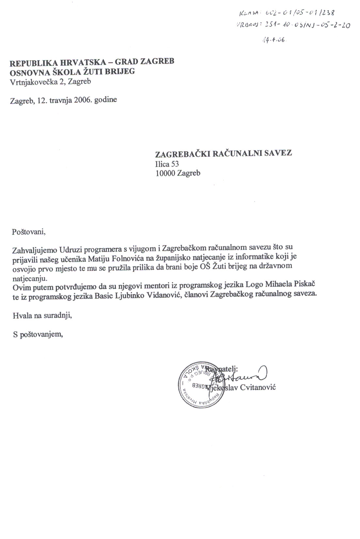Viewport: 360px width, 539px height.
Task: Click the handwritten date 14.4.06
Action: tap(274, 39)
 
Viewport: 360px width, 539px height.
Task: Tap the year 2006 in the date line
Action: tap(83, 100)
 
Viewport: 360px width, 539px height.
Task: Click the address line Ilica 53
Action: tap(167, 164)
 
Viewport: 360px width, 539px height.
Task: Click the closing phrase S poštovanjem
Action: tap(38, 335)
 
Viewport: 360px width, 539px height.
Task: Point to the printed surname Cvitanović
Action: tap(258, 387)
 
